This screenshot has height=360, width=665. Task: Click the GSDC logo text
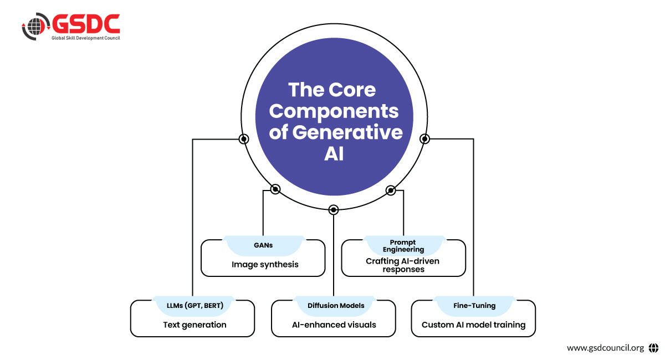click(x=86, y=23)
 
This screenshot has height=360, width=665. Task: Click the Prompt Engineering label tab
click(x=403, y=246)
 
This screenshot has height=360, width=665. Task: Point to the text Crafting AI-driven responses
click(x=403, y=265)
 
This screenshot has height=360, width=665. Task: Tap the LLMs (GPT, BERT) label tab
click(x=192, y=305)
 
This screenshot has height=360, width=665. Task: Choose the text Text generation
click(x=195, y=325)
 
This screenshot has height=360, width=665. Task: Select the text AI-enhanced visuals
click(x=334, y=325)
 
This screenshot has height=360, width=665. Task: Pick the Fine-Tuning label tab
click(x=473, y=305)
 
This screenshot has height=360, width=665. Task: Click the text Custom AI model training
click(x=473, y=325)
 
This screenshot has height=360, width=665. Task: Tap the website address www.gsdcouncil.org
click(x=605, y=348)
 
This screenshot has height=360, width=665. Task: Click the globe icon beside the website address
click(x=653, y=348)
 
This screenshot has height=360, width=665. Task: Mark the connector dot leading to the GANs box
click(x=275, y=189)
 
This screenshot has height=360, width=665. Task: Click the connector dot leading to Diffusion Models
click(x=333, y=210)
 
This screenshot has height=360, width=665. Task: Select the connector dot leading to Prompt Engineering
click(x=391, y=190)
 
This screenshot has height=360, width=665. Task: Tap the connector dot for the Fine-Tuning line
click(x=424, y=138)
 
